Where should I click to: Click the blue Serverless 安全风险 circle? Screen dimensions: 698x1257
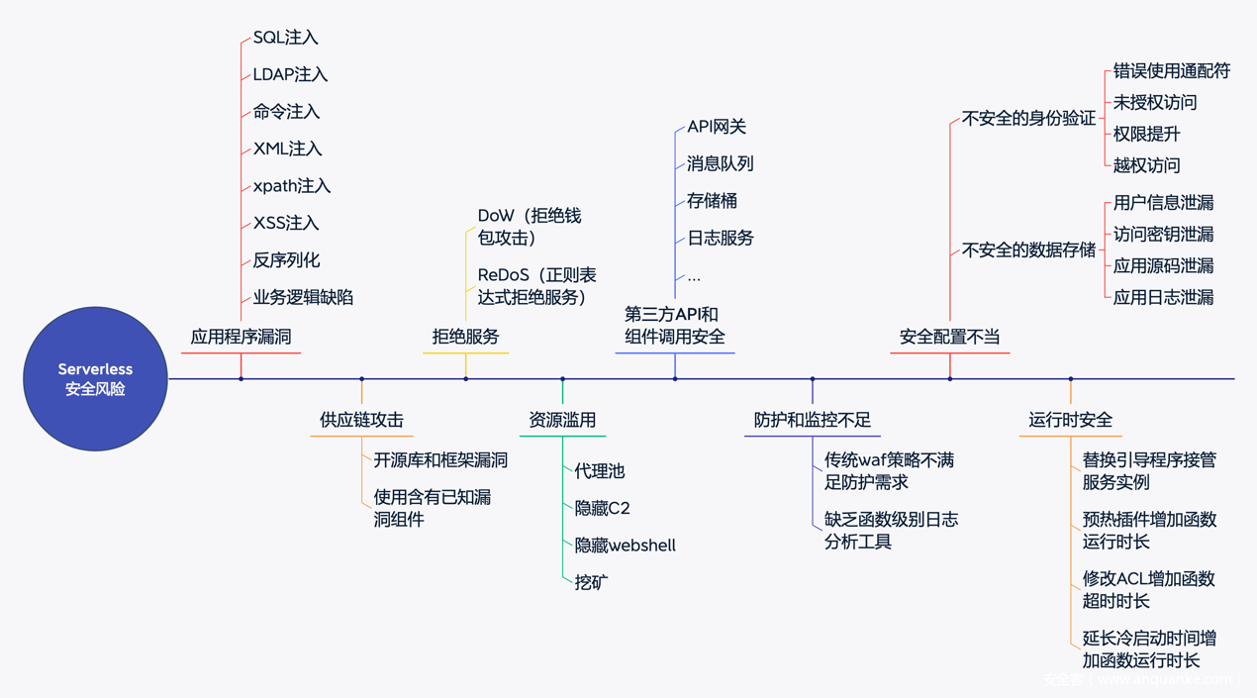[x=95, y=379]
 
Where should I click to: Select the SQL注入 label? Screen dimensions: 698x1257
[x=285, y=38]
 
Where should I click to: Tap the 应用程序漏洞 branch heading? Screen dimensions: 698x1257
[x=241, y=337]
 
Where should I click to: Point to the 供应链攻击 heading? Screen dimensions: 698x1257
[x=361, y=420]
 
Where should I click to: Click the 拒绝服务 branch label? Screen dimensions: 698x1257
[x=465, y=337]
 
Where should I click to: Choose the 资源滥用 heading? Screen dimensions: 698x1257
[x=562, y=420]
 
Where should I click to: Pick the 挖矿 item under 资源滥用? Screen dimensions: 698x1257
[x=591, y=582]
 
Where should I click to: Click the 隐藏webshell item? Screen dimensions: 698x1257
[x=625, y=545]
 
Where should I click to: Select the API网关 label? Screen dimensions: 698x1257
[x=717, y=127]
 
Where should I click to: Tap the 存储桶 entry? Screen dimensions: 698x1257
[x=712, y=201]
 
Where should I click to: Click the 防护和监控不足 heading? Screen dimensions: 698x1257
[x=812, y=420]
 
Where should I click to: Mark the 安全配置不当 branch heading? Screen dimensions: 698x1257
[x=949, y=337]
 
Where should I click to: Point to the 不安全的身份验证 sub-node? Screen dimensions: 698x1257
[x=1028, y=119]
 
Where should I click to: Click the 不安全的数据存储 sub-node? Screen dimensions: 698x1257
[x=1028, y=249]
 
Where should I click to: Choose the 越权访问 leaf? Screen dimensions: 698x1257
[x=1146, y=165]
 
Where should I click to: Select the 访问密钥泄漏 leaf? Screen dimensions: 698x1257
[x=1163, y=234]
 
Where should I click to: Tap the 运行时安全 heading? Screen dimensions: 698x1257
[x=1070, y=420]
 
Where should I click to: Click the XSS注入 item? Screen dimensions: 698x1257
[x=286, y=223]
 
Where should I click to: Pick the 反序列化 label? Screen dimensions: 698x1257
[x=286, y=260]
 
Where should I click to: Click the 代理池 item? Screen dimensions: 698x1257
[x=600, y=471]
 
